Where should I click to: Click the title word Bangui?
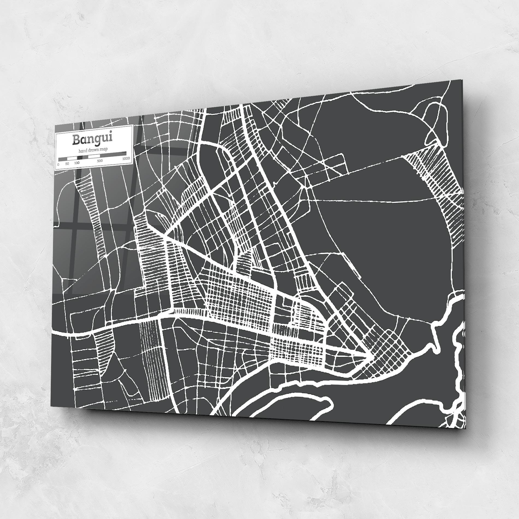pyautogui.click(x=92, y=139)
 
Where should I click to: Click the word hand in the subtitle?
pyautogui.click(x=83, y=151)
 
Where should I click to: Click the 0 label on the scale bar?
pyautogui.click(x=58, y=164)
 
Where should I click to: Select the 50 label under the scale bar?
pyautogui.click(x=67, y=164)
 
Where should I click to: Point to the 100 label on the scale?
pyautogui.click(x=77, y=163)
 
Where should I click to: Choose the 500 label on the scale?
pyautogui.click(x=100, y=161)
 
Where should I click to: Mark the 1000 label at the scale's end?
pyautogui.click(x=126, y=158)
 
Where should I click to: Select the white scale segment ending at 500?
pyautogui.click(x=95, y=156)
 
